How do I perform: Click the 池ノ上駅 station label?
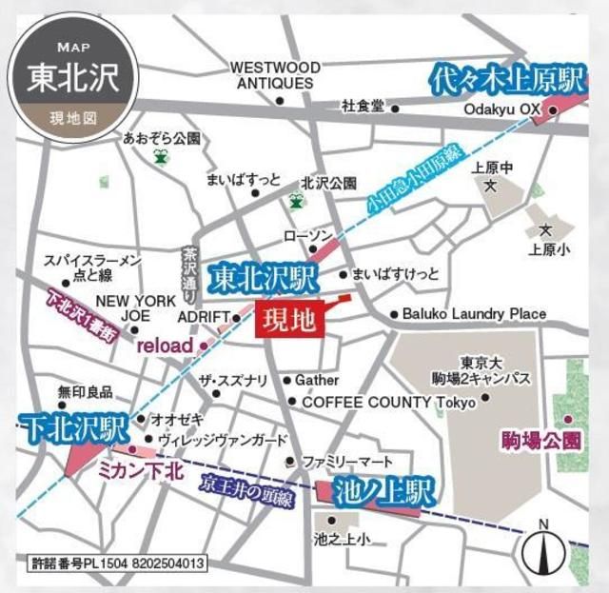pos(384,492)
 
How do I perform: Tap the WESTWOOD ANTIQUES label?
pos(275,75)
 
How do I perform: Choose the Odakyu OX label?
pos(501,109)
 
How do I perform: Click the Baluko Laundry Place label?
pos(474,313)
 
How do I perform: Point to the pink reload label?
pos(165,345)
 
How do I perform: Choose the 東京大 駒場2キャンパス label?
pos(494,370)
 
